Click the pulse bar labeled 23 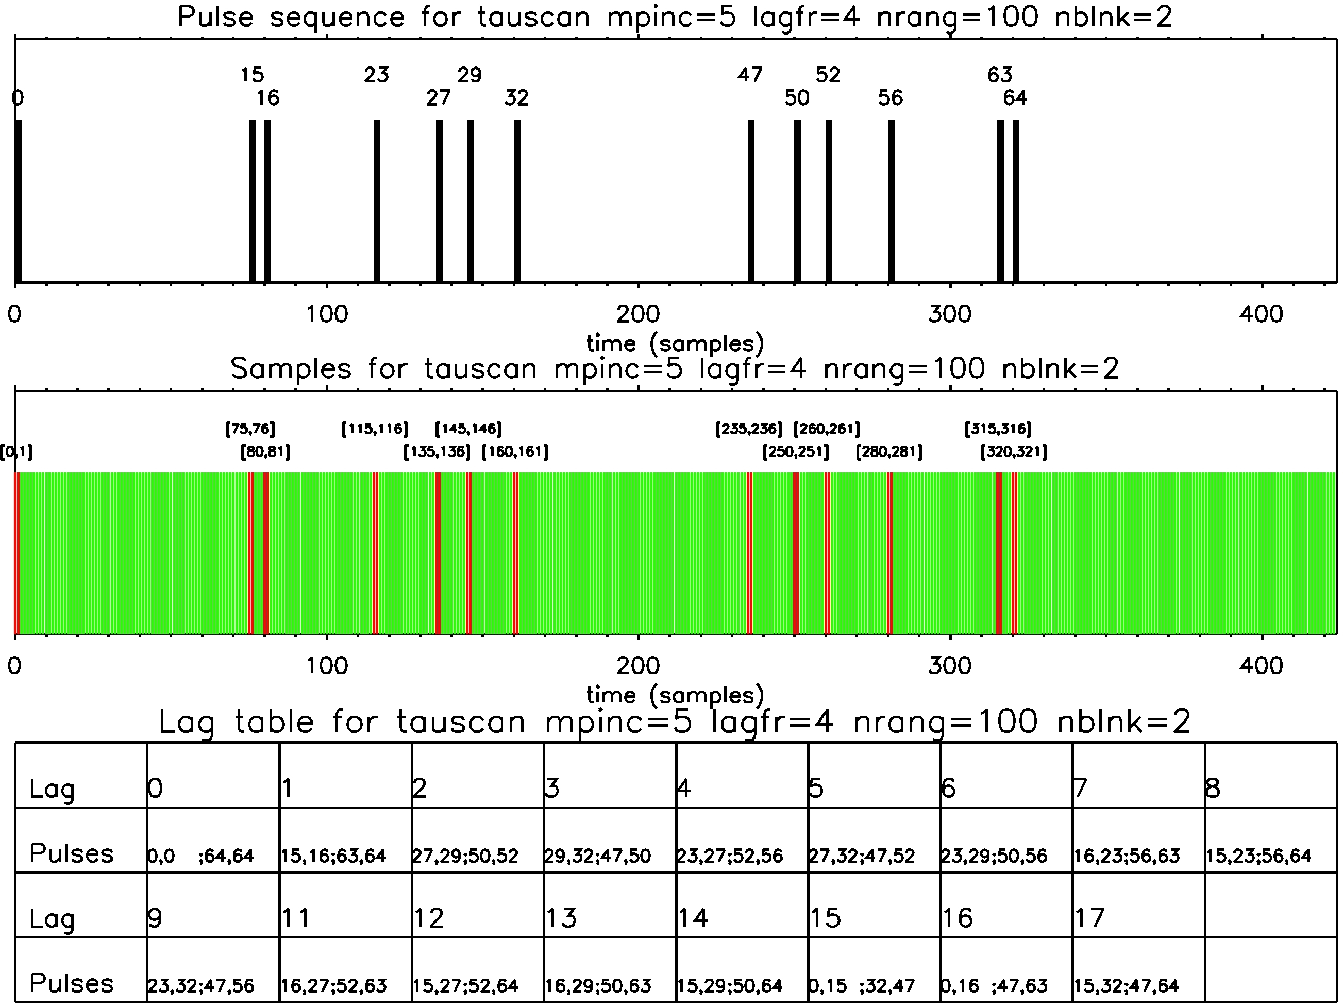tap(376, 201)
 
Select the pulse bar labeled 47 tap(751, 201)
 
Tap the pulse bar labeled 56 tap(891, 201)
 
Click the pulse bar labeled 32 tap(517, 201)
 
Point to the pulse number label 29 tap(469, 75)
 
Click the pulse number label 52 tap(828, 75)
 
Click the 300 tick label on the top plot tap(950, 314)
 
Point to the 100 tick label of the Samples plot tap(327, 666)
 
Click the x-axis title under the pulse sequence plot tap(675, 344)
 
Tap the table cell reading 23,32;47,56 tap(201, 985)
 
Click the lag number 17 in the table tap(1089, 918)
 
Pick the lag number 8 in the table tap(1213, 789)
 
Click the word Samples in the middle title tap(291, 368)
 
